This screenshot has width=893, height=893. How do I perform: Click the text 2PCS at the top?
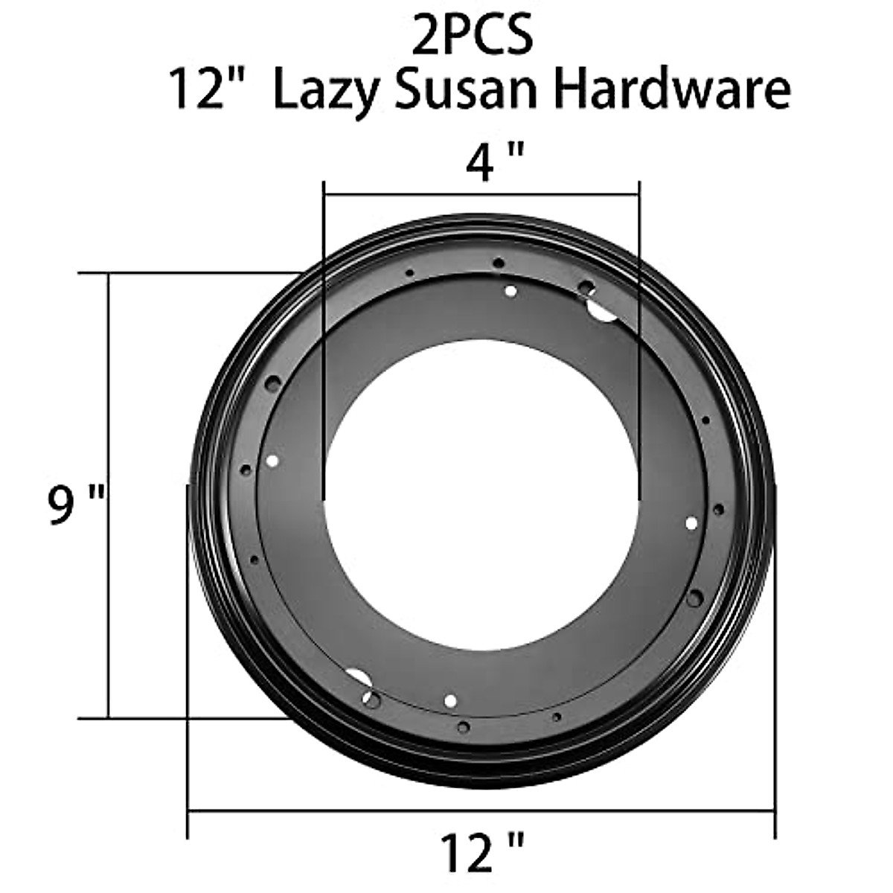(x=474, y=35)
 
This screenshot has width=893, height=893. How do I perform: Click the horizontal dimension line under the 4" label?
(x=481, y=196)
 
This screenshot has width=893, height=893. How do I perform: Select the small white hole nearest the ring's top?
(x=510, y=292)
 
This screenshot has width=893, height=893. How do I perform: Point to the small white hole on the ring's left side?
(x=272, y=461)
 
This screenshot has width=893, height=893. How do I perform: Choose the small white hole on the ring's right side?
(x=691, y=523)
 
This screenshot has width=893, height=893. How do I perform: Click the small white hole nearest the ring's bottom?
(x=449, y=700)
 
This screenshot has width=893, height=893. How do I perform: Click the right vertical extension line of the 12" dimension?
(x=775, y=670)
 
